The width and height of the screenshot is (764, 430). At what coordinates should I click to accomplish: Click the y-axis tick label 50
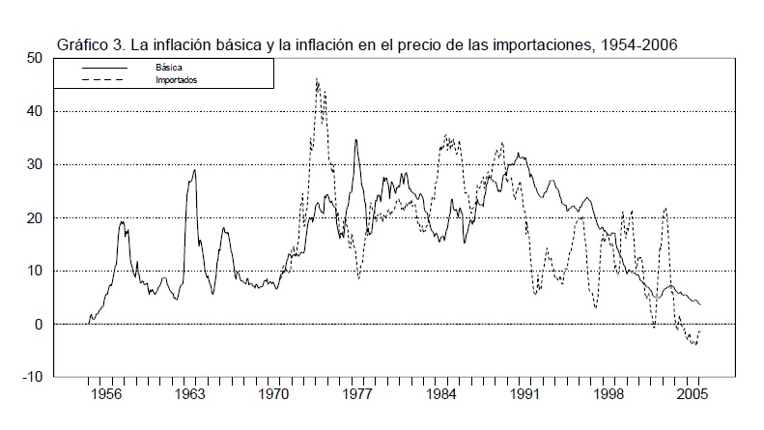pyautogui.click(x=36, y=58)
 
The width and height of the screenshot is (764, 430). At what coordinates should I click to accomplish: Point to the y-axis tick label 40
pyautogui.click(x=36, y=111)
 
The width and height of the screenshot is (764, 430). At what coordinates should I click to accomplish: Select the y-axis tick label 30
pyautogui.click(x=36, y=164)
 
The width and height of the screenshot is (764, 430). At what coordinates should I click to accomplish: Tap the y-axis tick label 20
pyautogui.click(x=36, y=218)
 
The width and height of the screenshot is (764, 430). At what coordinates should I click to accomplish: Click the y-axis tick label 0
pyautogui.click(x=40, y=325)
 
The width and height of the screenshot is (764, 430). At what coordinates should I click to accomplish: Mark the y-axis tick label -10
pyautogui.click(x=34, y=378)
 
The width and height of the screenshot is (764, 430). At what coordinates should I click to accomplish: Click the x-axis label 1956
pyautogui.click(x=107, y=395)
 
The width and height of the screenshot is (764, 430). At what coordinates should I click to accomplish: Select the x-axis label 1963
pyautogui.click(x=190, y=395)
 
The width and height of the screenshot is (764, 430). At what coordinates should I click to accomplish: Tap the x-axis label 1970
pyautogui.click(x=274, y=395)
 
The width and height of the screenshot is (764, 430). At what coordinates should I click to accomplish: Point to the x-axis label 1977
pyautogui.click(x=358, y=395)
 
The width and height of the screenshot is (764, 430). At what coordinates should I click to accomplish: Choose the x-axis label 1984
pyautogui.click(x=442, y=395)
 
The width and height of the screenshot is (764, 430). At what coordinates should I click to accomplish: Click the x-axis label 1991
pyautogui.click(x=525, y=395)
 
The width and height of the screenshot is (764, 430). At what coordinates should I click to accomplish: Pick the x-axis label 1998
pyautogui.click(x=609, y=395)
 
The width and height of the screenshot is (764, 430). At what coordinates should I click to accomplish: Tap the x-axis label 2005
pyautogui.click(x=693, y=395)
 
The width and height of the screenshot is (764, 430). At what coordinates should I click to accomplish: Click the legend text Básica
pyautogui.click(x=169, y=67)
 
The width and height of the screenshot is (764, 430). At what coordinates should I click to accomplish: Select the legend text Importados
pyautogui.click(x=177, y=79)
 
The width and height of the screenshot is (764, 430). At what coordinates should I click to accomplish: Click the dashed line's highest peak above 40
pyautogui.click(x=317, y=79)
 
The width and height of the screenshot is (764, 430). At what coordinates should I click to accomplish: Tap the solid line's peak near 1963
pyautogui.click(x=195, y=170)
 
